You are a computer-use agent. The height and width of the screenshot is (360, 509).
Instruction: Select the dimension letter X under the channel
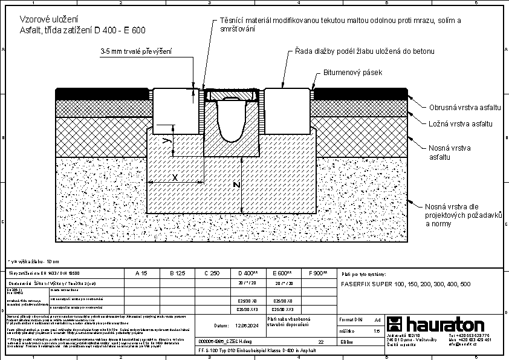pyautogui.click(x=175, y=177)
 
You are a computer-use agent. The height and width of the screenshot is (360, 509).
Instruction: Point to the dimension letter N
pyautogui.click(x=238, y=184)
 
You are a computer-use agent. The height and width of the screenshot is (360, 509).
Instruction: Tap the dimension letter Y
pyautogui.click(x=167, y=140)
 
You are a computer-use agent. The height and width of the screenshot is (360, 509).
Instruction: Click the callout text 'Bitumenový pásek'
pyautogui.click(x=354, y=73)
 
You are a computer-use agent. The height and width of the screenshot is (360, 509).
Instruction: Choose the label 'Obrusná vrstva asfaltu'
pyautogui.click(x=465, y=107)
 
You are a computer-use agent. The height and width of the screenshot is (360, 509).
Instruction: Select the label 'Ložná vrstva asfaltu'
pyautogui.click(x=461, y=123)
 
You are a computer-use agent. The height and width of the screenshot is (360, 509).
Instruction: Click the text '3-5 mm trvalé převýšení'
pyautogui.click(x=136, y=53)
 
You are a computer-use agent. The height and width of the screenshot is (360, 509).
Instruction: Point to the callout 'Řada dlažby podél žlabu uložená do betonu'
pyautogui.click(x=365, y=51)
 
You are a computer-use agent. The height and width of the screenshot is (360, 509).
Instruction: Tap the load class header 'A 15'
pyautogui.click(x=141, y=273)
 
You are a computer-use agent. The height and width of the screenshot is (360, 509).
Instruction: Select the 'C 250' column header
pyautogui.click(x=212, y=273)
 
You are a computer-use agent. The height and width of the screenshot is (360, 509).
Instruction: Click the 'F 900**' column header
pyautogui.click(x=317, y=273)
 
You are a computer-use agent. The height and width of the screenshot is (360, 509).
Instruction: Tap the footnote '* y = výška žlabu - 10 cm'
pyautogui.click(x=33, y=261)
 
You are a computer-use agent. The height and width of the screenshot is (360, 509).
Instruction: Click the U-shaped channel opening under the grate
pyautogui.click(x=233, y=122)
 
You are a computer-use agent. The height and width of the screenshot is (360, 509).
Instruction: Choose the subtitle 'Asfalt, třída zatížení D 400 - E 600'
pyautogui.click(x=82, y=30)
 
